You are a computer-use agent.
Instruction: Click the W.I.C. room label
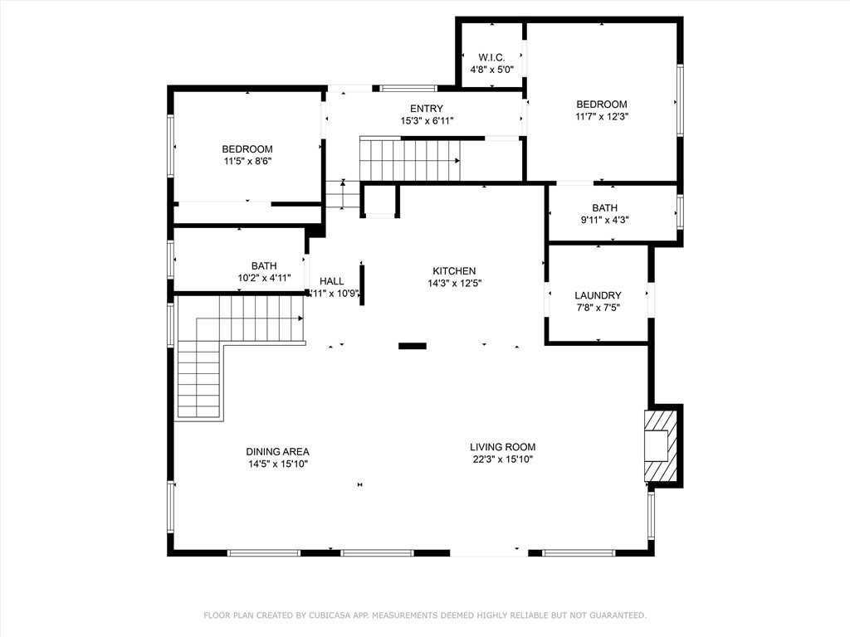click(x=491, y=57)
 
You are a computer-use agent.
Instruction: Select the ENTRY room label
click(x=427, y=109)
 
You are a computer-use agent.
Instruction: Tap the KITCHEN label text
click(x=454, y=270)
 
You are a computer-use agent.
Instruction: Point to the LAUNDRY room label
click(x=598, y=295)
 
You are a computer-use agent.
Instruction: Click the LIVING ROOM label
click(x=502, y=446)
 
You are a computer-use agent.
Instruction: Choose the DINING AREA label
click(x=277, y=451)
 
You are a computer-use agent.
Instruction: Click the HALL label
click(x=332, y=281)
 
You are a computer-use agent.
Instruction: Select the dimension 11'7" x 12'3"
click(x=602, y=117)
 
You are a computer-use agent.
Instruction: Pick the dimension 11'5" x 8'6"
click(x=247, y=162)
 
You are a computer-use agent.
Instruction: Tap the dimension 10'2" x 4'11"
click(x=264, y=278)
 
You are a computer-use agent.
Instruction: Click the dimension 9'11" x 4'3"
click(x=604, y=221)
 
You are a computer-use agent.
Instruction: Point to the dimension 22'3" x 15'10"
click(x=502, y=459)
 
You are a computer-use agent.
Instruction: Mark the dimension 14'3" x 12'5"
click(x=454, y=283)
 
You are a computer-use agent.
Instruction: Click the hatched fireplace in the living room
click(x=657, y=445)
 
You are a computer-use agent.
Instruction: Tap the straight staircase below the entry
click(x=409, y=158)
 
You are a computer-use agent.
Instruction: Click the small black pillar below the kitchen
click(x=412, y=346)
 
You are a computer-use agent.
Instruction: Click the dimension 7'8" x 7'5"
click(x=598, y=308)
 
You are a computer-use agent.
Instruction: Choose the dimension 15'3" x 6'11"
click(x=427, y=121)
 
